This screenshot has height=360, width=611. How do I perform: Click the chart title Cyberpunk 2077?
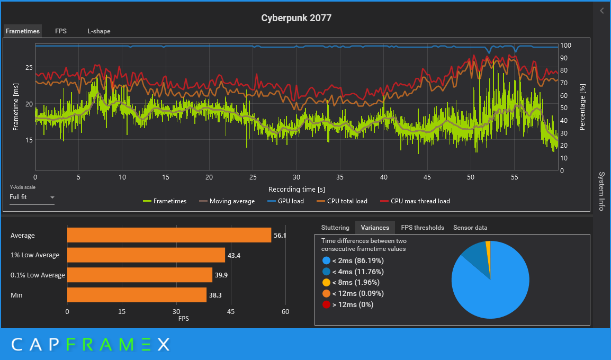point(296,18)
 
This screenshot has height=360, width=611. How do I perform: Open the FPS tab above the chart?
point(61,31)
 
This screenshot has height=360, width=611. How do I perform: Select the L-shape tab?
point(99,31)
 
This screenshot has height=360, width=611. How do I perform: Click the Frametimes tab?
point(23,31)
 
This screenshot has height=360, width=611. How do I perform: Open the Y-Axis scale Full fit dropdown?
point(32,197)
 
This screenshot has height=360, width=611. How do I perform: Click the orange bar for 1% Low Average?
point(146,255)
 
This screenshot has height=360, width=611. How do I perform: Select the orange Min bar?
point(137,295)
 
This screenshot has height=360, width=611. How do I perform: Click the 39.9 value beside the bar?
point(221,275)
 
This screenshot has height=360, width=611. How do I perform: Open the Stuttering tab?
point(335,228)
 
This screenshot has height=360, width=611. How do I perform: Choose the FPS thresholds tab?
point(423,228)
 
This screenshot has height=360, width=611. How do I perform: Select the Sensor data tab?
point(470,228)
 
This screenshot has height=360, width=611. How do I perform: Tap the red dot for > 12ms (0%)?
point(326,304)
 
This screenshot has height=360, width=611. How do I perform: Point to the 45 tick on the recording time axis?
point(427,177)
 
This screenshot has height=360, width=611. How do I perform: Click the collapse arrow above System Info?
point(602,11)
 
